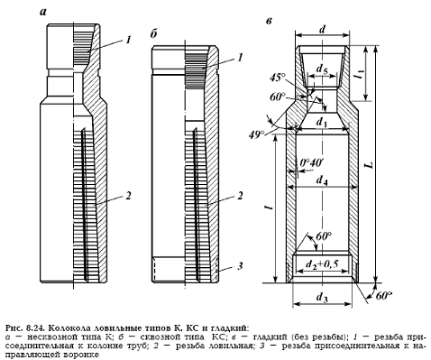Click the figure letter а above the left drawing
tap(43, 13)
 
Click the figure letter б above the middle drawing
tap(154, 34)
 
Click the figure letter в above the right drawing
tap(270, 21)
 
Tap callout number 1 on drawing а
tap(128, 40)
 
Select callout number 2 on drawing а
tap(128, 196)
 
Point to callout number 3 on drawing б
tap(240, 266)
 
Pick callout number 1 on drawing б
tap(240, 58)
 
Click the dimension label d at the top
tap(322, 29)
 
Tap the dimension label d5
tap(322, 69)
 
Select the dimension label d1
tap(321, 122)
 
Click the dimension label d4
tap(322, 180)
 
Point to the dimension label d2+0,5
tap(322, 264)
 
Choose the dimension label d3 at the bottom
tap(322, 298)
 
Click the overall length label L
tap(371, 165)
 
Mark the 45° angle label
tap(277, 78)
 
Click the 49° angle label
tap(256, 134)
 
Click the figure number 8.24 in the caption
tap(34, 328)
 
